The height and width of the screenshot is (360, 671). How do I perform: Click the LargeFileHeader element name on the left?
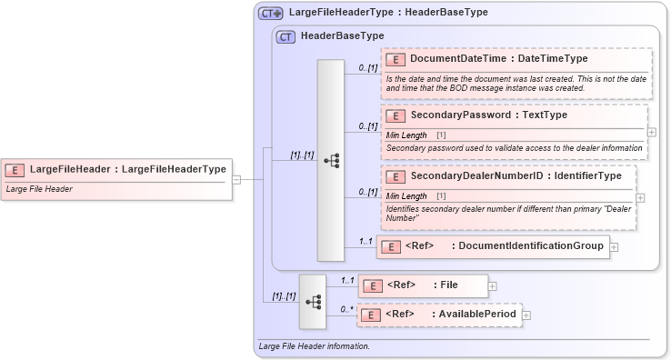point(127,169)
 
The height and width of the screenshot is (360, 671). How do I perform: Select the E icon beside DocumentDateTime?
point(396,59)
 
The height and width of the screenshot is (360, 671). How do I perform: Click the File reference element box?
point(423,285)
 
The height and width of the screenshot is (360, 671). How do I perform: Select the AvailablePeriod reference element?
point(441,315)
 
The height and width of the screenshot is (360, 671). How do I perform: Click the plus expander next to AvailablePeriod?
point(526,315)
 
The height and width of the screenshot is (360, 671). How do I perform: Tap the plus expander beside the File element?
point(493,285)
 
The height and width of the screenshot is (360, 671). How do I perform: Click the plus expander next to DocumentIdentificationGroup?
point(615,246)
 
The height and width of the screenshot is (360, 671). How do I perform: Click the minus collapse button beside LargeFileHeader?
point(236,179)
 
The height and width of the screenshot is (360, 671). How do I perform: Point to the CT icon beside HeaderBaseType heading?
point(285,36)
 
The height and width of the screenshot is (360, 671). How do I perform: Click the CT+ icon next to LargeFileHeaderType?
point(271,13)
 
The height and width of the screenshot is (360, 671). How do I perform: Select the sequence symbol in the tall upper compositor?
point(330,160)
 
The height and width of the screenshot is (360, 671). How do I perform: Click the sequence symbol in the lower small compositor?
point(312,301)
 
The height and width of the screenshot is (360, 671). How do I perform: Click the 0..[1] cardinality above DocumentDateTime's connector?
point(367,67)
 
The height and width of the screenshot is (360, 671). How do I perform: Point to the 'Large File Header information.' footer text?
point(315,346)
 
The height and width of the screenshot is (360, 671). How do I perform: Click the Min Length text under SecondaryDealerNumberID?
point(406,195)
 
